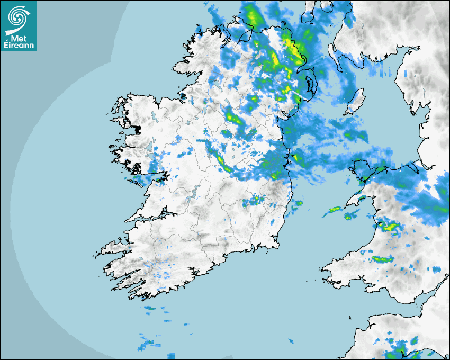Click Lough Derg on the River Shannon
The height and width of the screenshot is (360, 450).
coord(194,191)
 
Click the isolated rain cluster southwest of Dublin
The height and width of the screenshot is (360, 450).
coord(254,200)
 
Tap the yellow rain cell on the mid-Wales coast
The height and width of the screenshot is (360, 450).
coord(389,227)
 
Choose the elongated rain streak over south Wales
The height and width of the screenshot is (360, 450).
coord(382,259)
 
